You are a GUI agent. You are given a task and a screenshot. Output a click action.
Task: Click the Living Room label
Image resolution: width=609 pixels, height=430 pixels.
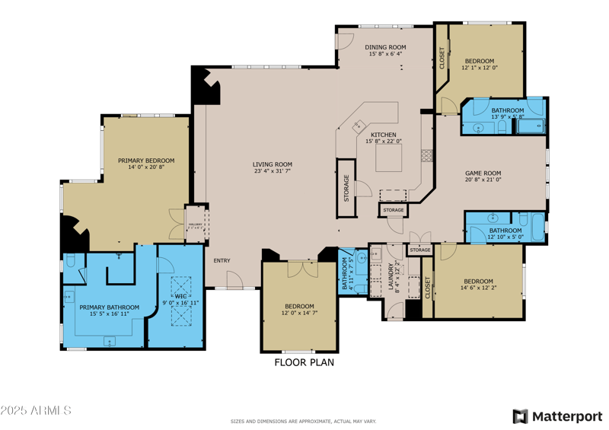click(273, 164)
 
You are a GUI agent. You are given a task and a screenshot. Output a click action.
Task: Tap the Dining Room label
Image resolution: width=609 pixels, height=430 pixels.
click(385, 47)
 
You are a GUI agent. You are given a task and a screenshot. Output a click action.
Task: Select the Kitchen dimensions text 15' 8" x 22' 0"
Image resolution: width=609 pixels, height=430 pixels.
click(384, 141)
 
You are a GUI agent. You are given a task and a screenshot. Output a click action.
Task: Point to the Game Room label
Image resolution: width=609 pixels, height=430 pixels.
click(483, 173)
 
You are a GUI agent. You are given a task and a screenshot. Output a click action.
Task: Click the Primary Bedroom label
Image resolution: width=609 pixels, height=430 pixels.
click(146, 161)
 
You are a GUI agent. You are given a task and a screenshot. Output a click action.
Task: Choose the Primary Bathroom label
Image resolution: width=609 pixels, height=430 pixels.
click(104, 307)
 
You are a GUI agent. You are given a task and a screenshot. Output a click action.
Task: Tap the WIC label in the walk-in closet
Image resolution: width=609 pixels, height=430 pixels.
click(180, 296)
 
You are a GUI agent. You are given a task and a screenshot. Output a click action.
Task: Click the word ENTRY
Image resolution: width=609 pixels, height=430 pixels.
click(222, 261)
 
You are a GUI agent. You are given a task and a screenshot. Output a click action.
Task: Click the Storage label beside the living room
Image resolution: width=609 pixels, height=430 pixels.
click(346, 188)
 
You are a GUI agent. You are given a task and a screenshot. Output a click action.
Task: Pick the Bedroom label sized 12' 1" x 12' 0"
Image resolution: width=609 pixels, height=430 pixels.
click(480, 61)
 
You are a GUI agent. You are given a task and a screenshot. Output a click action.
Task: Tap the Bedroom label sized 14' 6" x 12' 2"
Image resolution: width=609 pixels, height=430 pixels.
click(477, 281)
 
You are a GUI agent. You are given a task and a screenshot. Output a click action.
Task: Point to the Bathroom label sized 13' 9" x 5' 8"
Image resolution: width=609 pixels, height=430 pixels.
click(507, 110)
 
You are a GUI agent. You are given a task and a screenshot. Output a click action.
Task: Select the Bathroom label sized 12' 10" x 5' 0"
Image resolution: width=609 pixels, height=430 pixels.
click(505, 231)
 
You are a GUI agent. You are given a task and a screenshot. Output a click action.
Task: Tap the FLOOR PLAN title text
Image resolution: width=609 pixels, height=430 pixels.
click(304, 362)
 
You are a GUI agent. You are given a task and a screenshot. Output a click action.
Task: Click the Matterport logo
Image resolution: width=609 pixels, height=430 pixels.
click(557, 416)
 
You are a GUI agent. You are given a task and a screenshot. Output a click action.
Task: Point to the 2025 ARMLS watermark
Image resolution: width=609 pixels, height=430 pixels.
click(36, 411)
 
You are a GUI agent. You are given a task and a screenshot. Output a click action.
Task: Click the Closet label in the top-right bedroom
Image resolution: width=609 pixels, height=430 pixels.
click(442, 59)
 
